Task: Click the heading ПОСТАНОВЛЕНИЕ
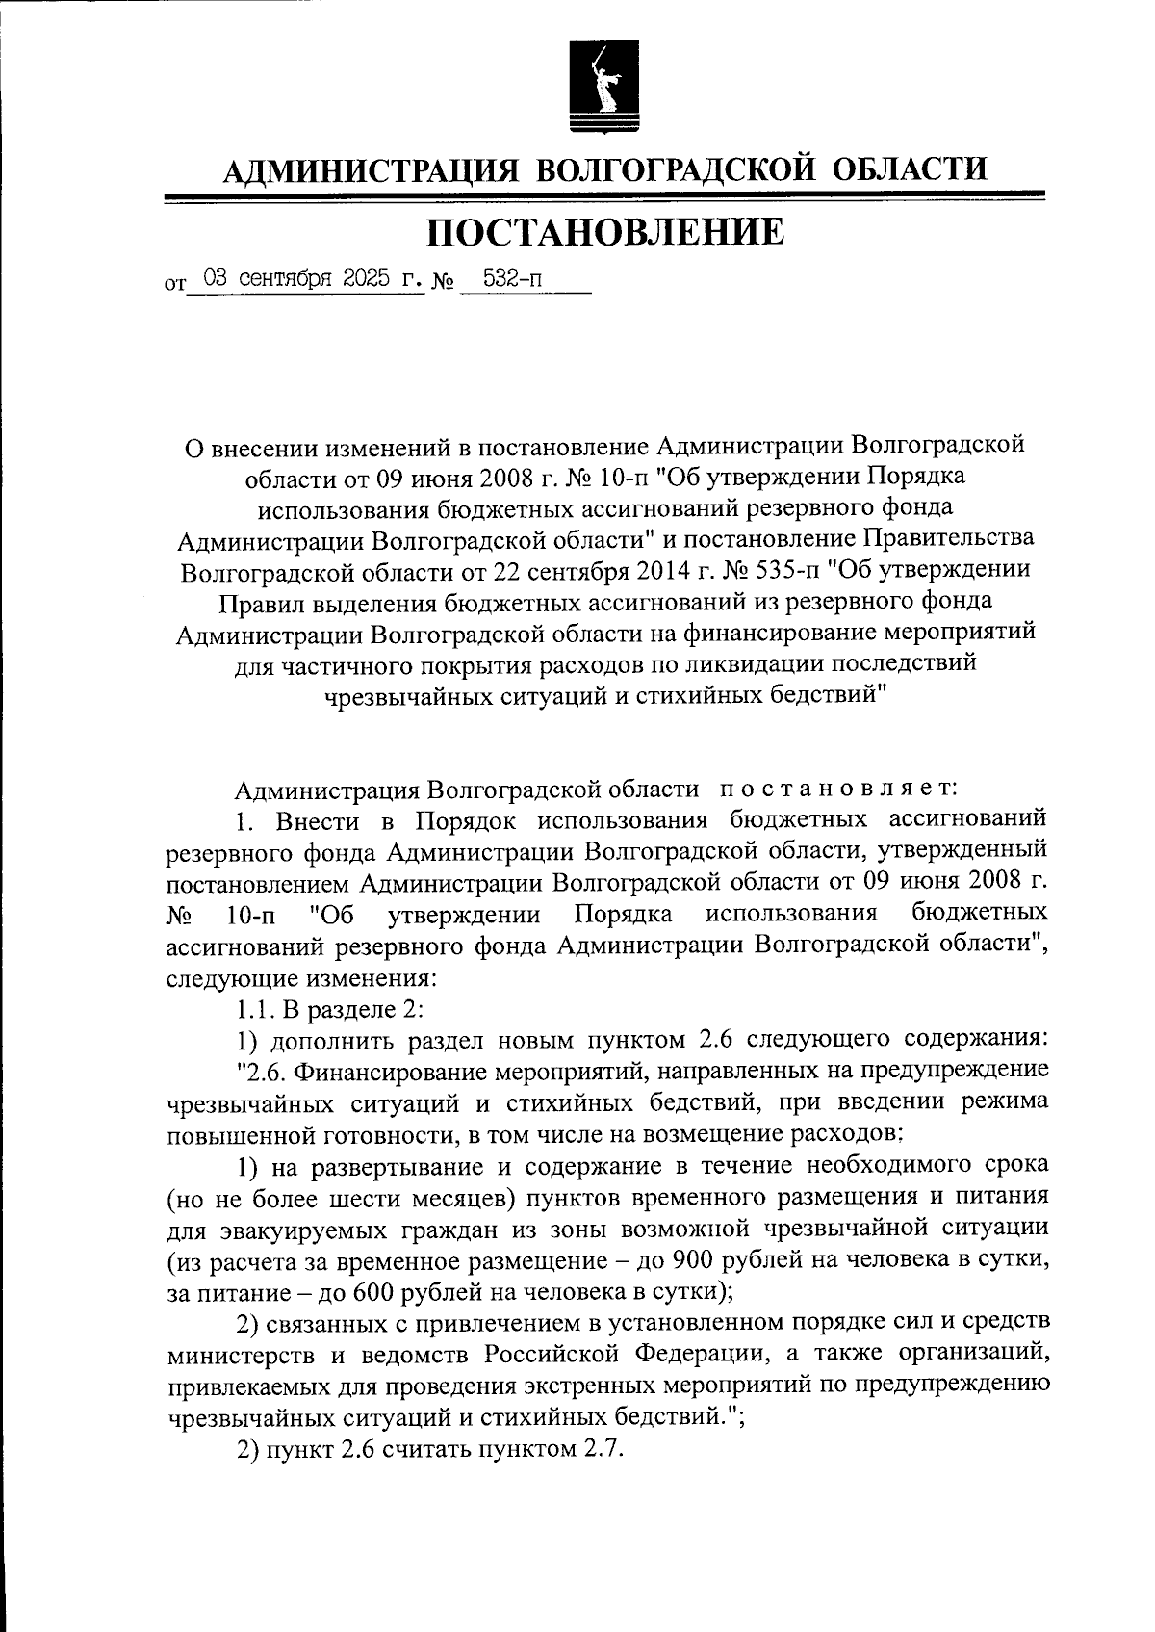click(x=605, y=232)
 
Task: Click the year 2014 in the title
click(x=661, y=570)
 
